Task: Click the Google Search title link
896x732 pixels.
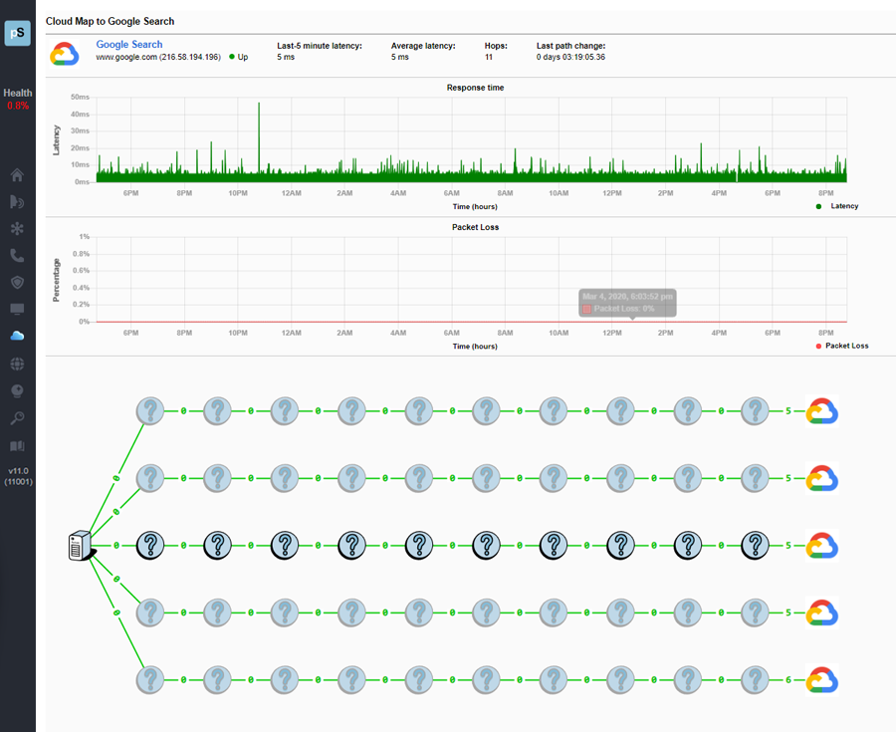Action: click(x=128, y=45)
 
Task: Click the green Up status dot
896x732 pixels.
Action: click(x=232, y=57)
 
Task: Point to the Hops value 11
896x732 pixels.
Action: click(x=490, y=57)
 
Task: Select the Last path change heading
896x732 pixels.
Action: click(x=570, y=45)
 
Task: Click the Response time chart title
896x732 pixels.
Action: click(x=475, y=88)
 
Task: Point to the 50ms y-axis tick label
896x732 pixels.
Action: click(x=81, y=98)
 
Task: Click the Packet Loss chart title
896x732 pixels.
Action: click(x=475, y=227)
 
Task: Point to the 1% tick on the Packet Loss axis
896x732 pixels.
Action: click(x=85, y=237)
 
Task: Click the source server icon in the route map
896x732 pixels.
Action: click(x=80, y=546)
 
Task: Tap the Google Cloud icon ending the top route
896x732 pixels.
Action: click(x=822, y=411)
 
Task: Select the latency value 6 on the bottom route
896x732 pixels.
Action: click(x=788, y=680)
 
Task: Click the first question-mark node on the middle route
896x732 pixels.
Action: click(x=149, y=546)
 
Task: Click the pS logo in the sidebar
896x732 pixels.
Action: click(x=17, y=32)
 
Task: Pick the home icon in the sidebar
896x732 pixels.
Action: click(x=17, y=175)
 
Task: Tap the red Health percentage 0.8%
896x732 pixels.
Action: click(x=18, y=106)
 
